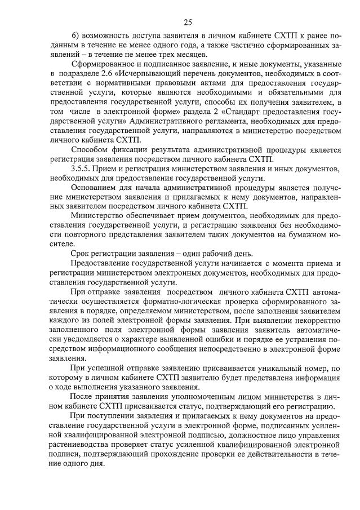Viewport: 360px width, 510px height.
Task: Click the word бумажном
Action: [x=294, y=235]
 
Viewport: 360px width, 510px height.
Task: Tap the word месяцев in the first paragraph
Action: [x=191, y=55]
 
